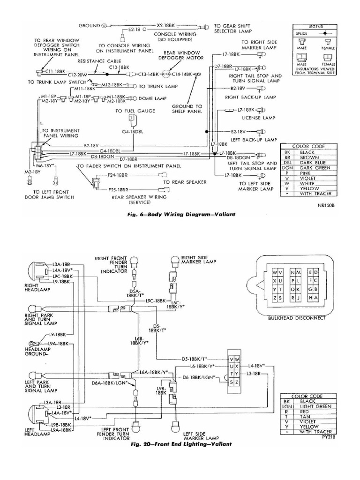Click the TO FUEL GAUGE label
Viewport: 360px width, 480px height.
tap(132, 111)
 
